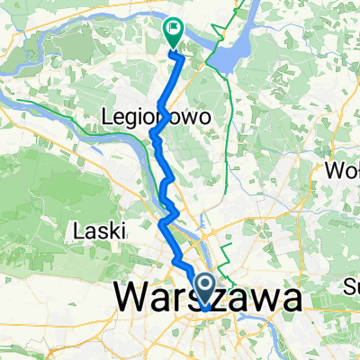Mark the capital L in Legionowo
click(x=110, y=117)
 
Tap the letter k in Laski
click(x=109, y=230)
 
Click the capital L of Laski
click(x=76, y=230)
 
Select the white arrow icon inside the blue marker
click(x=205, y=288)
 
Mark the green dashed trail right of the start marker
click(x=227, y=256)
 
